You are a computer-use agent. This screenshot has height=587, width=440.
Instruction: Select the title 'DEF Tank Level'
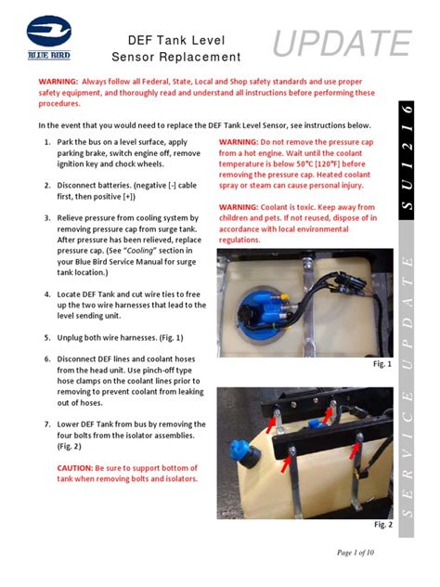coord(176,39)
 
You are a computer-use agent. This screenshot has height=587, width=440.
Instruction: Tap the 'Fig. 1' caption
coord(382,364)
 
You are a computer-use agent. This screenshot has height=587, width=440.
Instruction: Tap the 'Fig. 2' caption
coord(382,525)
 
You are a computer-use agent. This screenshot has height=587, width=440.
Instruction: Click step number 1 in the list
coord(47,142)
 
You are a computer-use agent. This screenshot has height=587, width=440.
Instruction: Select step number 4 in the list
coord(47,294)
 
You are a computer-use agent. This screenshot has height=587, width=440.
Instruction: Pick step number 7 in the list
coord(47,424)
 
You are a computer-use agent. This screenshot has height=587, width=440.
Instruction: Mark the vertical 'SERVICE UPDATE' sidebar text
coord(418,390)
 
